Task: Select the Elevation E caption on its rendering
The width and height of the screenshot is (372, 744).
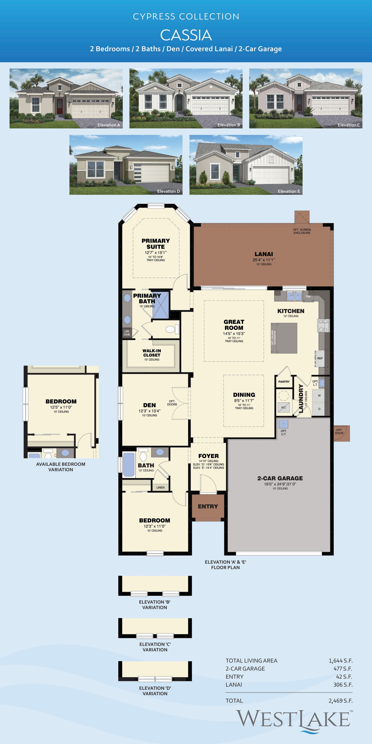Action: coord(289,191)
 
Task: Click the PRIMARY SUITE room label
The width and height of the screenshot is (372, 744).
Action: coord(156,244)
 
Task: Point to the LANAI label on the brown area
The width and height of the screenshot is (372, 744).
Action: coord(264,254)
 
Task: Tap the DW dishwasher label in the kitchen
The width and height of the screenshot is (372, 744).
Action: coord(308,296)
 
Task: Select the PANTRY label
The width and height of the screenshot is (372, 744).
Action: coord(284,381)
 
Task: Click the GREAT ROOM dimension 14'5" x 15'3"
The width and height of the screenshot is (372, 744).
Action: coord(234,333)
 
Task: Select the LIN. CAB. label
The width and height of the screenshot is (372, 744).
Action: coord(127,333)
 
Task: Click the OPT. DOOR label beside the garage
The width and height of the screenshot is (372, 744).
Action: coord(339,431)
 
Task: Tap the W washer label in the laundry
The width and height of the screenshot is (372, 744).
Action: coord(319,395)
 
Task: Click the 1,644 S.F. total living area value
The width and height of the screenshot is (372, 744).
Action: coord(341,660)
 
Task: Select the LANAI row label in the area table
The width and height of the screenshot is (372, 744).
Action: coord(234,685)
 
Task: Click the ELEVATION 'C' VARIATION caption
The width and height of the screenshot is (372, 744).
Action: coord(155,647)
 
